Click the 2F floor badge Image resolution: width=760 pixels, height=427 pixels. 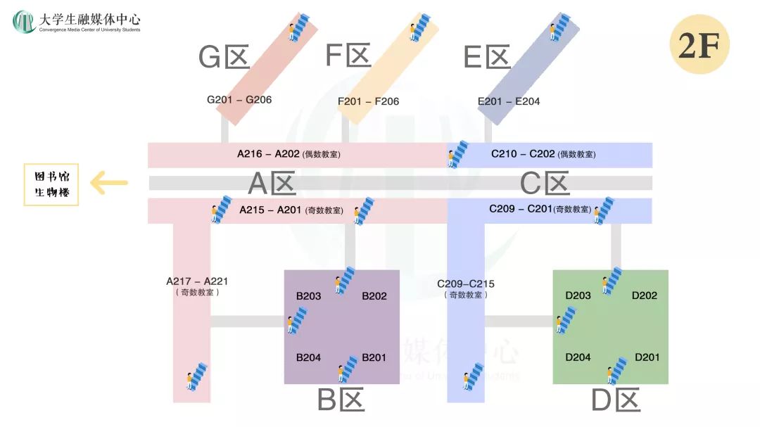[x=699, y=44]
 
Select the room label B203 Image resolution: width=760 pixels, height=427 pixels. [x=308, y=295]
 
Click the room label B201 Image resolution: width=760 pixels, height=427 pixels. [x=374, y=357]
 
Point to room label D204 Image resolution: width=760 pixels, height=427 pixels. [x=578, y=357]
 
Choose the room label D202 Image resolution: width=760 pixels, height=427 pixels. [x=645, y=295]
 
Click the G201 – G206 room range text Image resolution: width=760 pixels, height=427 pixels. [x=239, y=100]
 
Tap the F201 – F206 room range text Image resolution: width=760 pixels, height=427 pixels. [x=368, y=101]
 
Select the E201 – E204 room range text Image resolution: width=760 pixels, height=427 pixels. [x=509, y=101]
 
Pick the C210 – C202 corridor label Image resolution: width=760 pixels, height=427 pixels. [x=543, y=154]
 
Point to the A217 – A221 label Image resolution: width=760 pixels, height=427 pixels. [x=197, y=286]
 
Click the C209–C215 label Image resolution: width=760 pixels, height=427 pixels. [x=466, y=288]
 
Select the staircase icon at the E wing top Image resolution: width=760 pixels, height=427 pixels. [x=561, y=27]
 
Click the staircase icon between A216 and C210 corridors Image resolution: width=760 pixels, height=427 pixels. [x=458, y=153]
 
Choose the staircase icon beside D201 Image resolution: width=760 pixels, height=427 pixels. [x=617, y=371]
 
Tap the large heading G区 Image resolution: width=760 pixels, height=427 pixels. [x=224, y=56]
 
